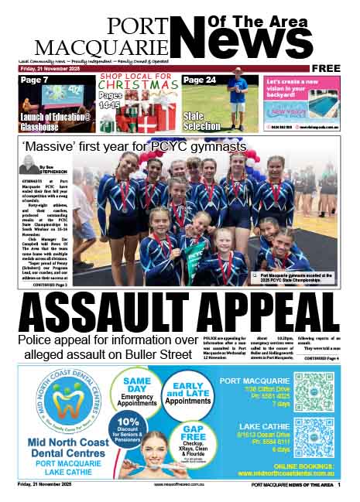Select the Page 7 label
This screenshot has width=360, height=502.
click(x=35, y=80)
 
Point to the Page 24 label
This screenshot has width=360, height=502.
click(x=201, y=80)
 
